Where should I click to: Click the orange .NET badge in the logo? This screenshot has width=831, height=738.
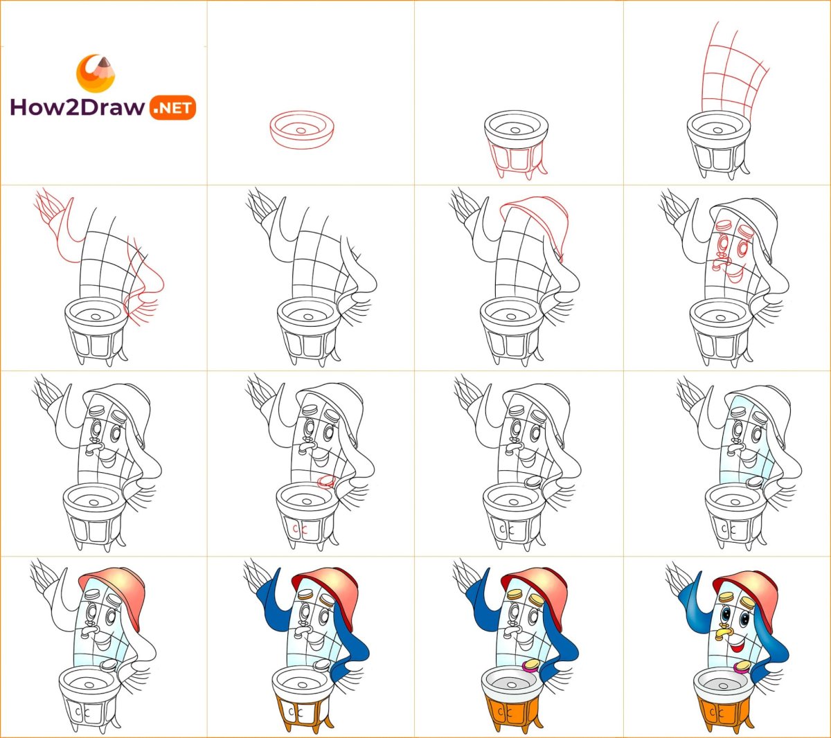(x=172, y=108)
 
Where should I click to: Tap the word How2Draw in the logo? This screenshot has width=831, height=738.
(x=78, y=107)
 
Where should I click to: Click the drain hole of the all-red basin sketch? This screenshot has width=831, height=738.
(x=301, y=130)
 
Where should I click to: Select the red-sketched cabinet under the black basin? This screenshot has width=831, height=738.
(x=517, y=160)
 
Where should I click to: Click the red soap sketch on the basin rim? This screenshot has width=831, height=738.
(x=326, y=481)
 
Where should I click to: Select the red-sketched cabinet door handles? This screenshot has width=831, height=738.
(x=298, y=530)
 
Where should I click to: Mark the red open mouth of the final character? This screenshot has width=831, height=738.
(x=736, y=649)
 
